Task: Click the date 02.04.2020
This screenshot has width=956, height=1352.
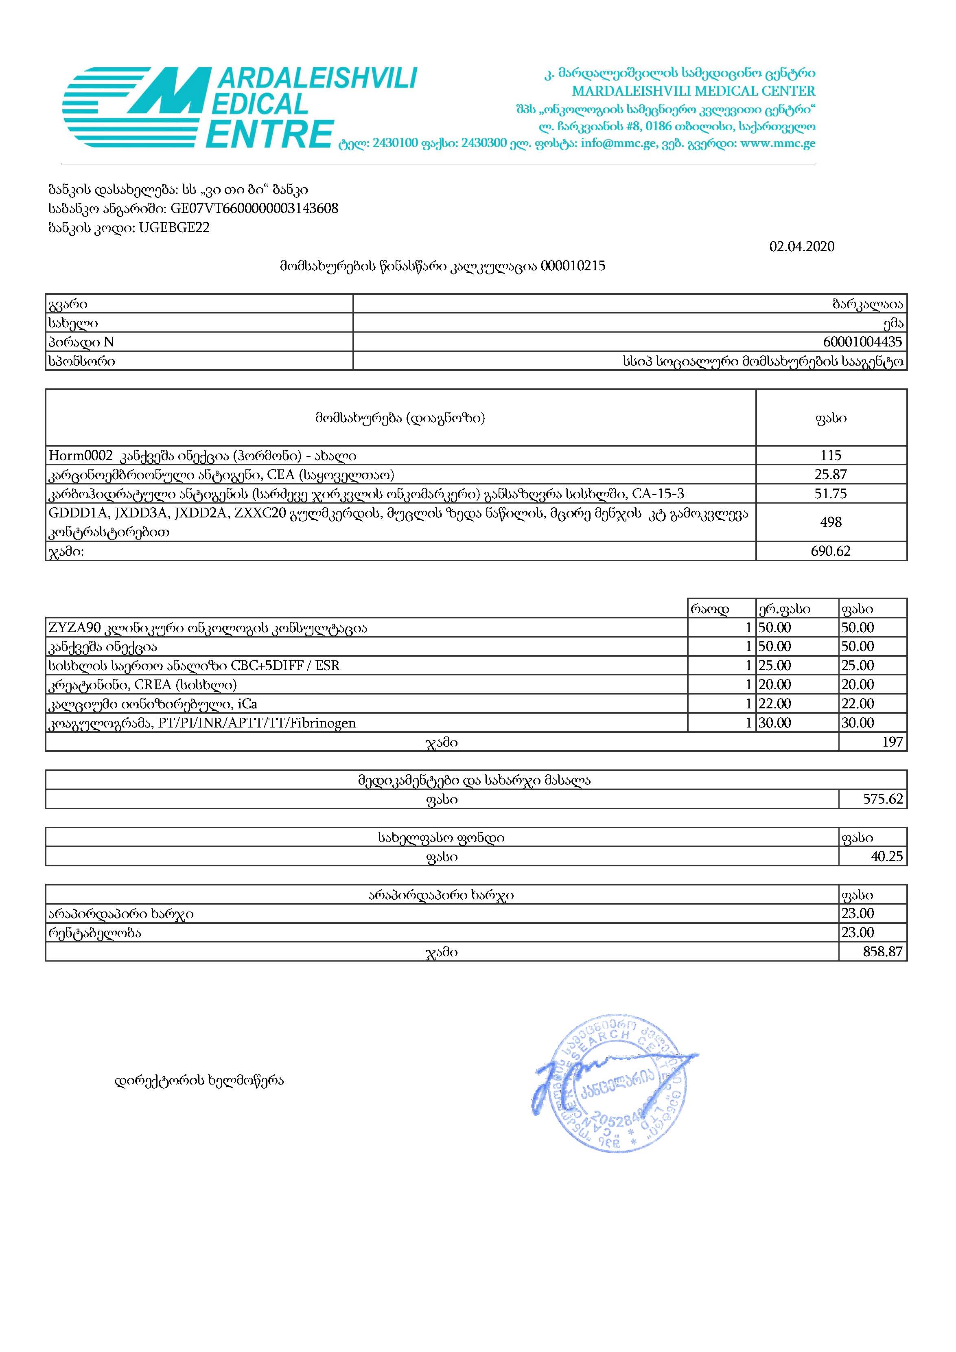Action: tap(801, 247)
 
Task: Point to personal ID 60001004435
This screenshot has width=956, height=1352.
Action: tap(862, 342)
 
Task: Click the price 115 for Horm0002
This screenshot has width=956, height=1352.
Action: tap(831, 455)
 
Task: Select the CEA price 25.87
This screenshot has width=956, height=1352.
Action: tap(831, 475)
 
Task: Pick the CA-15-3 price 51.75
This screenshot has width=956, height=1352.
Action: tap(831, 493)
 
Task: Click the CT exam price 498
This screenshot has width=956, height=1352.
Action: tap(831, 522)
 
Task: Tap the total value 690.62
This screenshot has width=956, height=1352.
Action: tap(831, 551)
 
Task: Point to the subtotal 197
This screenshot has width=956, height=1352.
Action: tap(893, 742)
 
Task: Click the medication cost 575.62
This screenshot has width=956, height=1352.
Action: tap(883, 799)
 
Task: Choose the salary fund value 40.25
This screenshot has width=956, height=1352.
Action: tap(886, 856)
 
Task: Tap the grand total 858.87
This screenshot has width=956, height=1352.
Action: tap(883, 951)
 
